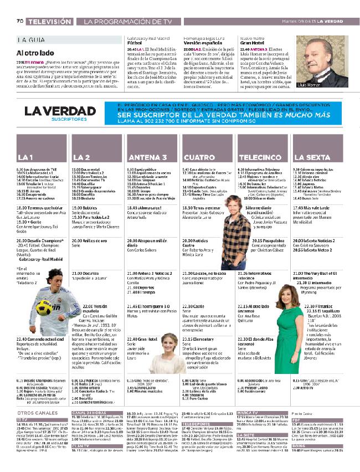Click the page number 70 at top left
point(19,22)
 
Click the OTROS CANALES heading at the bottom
point(39,413)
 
